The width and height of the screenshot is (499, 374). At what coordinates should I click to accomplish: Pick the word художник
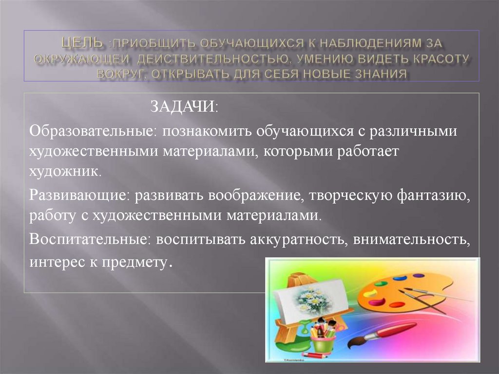pos(65,171)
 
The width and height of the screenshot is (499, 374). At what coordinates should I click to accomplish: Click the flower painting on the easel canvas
pos(311,298)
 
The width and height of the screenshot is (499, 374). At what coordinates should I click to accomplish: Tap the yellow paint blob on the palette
pos(372,293)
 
